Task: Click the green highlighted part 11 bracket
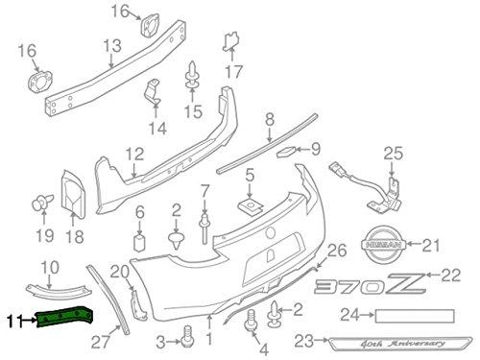coord(64,317)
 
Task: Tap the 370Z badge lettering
coord(371,284)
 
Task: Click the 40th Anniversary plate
coord(400,343)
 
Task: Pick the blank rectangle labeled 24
coord(415,316)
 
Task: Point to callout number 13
coord(112,46)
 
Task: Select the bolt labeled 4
coord(251,320)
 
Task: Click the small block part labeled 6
coord(139,243)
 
